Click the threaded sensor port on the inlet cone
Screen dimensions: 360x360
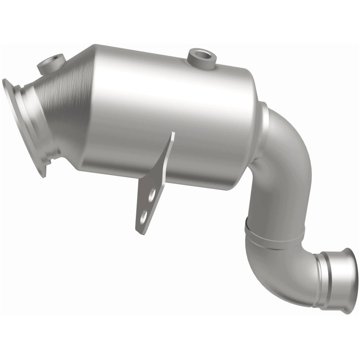[x=52, y=61]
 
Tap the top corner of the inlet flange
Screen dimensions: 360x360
[x=5, y=82]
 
